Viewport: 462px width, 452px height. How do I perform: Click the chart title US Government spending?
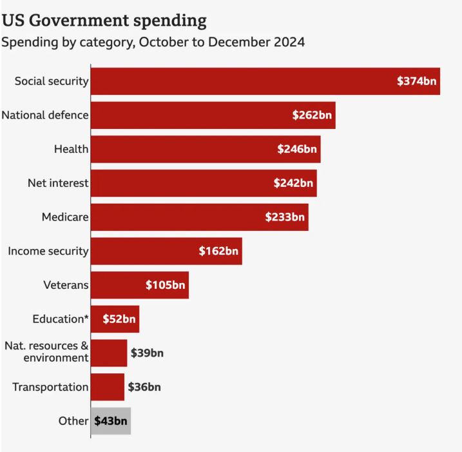[x=104, y=20]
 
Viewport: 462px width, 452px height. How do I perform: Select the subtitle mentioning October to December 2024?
[x=153, y=43]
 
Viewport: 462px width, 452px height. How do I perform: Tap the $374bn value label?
[x=416, y=81]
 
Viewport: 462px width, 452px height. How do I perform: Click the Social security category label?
[x=52, y=81]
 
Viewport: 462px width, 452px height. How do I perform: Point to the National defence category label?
[x=45, y=115]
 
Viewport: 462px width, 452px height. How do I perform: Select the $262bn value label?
[x=312, y=115]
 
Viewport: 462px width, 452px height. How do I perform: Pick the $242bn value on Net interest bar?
[x=293, y=183]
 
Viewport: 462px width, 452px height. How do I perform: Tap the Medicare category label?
[x=65, y=217]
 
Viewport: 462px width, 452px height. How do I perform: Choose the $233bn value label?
[x=285, y=217]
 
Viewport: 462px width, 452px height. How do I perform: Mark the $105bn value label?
[x=166, y=285]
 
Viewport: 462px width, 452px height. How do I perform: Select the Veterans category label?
[x=66, y=284]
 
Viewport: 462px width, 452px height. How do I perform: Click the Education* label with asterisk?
[x=61, y=319]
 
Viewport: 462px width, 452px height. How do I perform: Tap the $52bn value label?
[x=119, y=319]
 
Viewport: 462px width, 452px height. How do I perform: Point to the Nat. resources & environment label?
[x=46, y=352]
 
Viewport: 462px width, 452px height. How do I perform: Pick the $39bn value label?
[x=147, y=353]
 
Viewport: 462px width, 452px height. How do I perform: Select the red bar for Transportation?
[x=107, y=387]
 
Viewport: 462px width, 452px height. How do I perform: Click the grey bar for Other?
[x=111, y=421]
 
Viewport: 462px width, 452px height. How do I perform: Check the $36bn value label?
[x=144, y=387]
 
